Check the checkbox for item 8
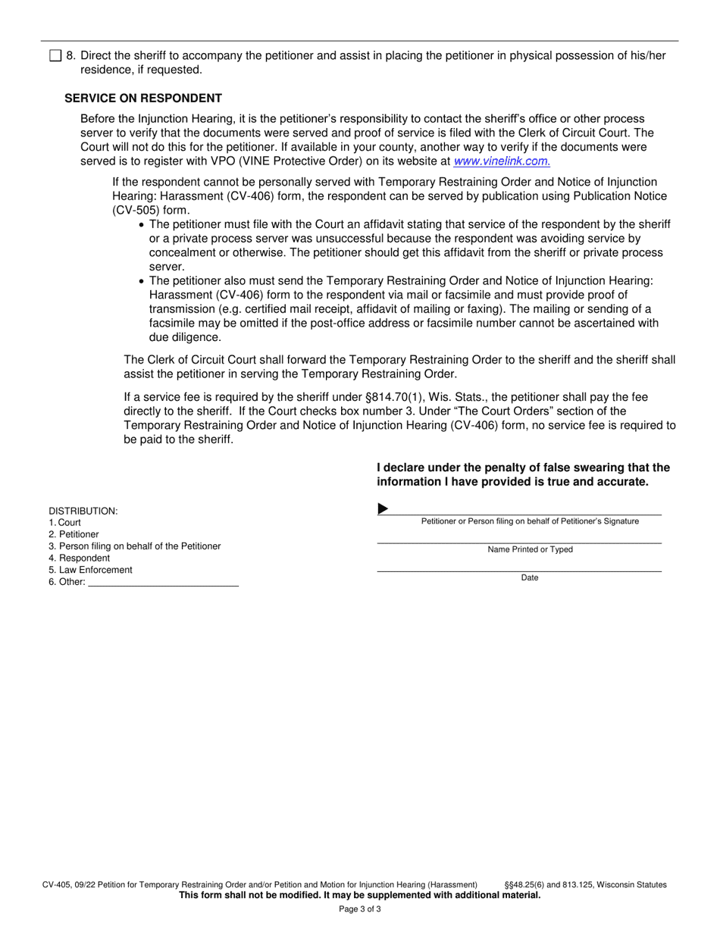[x=55, y=55]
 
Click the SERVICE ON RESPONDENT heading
[x=143, y=99]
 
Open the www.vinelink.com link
[x=501, y=161]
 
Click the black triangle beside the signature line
[x=383, y=508]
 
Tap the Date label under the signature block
[x=530, y=578]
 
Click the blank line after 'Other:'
[x=163, y=582]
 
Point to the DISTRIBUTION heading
[x=83, y=511]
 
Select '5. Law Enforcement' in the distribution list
[x=90, y=570]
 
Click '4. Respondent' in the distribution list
[x=79, y=558]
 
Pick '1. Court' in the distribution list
[x=65, y=523]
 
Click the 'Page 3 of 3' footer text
[x=360, y=909]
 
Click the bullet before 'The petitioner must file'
[x=142, y=225]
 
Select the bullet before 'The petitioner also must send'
[x=142, y=281]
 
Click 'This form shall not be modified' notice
[x=359, y=896]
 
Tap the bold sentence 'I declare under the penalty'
[x=523, y=475]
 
